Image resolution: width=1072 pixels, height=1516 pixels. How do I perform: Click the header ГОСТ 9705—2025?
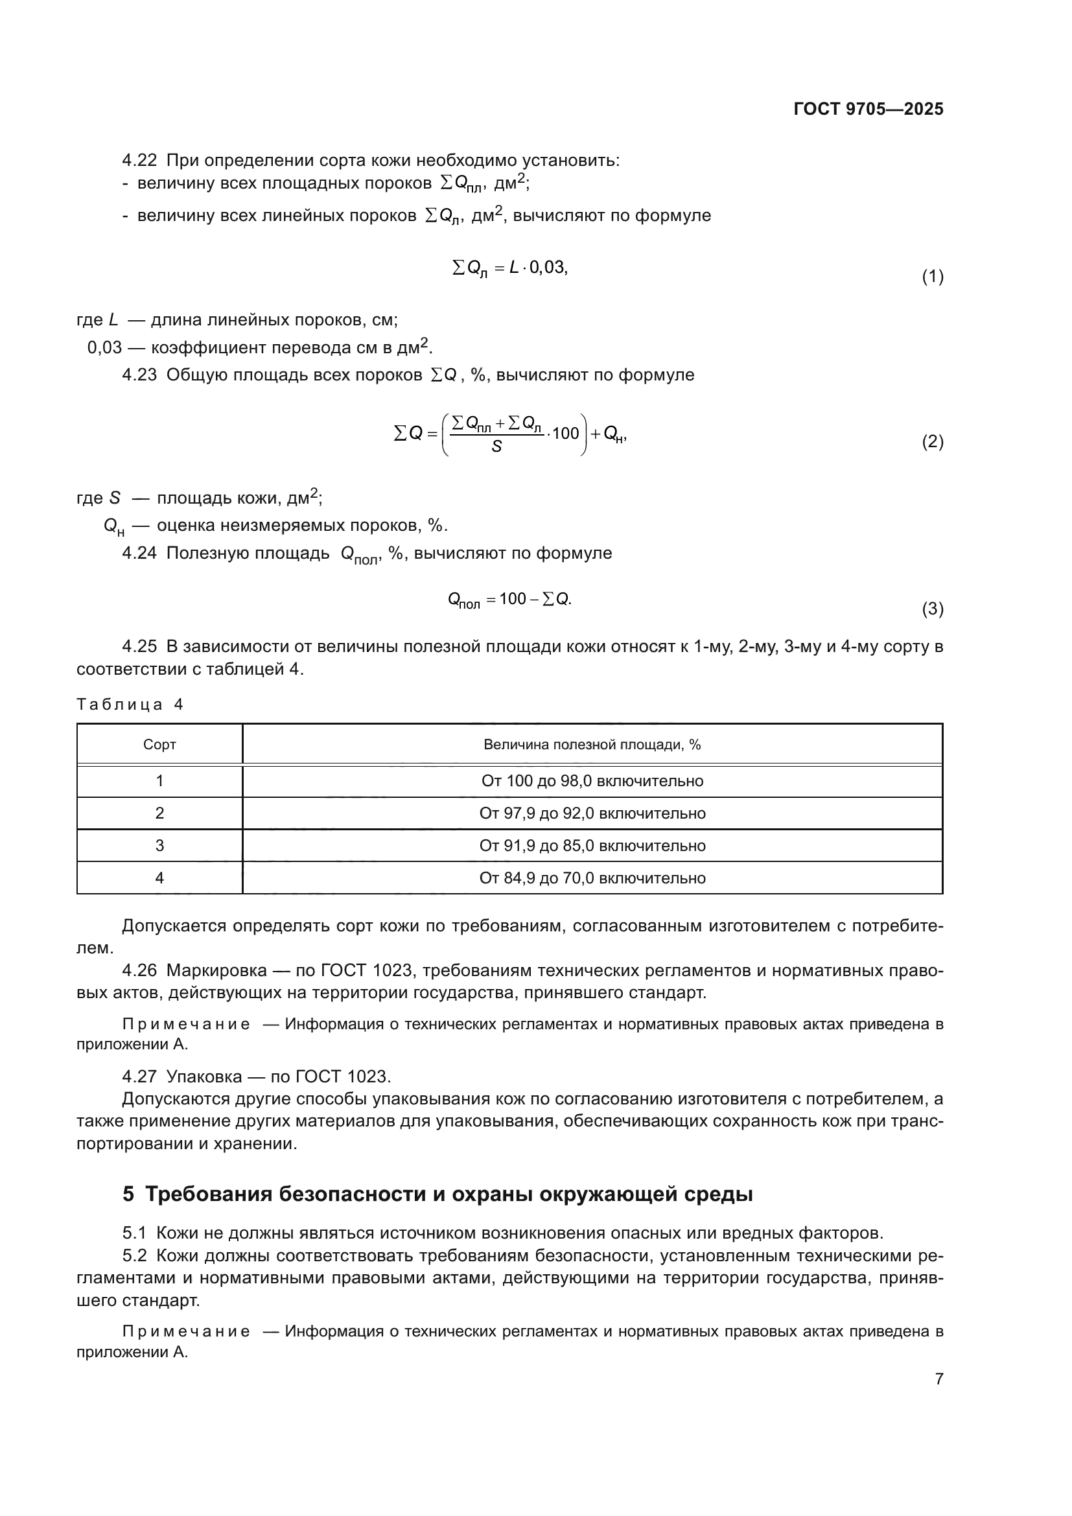(868, 110)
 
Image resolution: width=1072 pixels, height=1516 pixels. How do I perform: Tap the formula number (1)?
(932, 277)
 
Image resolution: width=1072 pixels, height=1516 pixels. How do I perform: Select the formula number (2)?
(932, 442)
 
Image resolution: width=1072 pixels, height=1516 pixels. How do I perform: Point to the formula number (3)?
(932, 609)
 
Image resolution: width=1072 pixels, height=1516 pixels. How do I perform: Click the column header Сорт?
(159, 745)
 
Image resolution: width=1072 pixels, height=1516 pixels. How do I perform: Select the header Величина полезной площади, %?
(592, 745)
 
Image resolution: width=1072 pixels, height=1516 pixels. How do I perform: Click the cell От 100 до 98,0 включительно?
(592, 781)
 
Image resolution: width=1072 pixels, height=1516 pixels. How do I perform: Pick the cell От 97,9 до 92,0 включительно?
(592, 813)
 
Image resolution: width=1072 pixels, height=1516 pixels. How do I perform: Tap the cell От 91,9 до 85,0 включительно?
(592, 846)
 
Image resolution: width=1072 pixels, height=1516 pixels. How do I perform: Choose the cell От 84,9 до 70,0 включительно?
(592, 878)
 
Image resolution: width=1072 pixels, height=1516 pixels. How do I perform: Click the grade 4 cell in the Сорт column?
(159, 878)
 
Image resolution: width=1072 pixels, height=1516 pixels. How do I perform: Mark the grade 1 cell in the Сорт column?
(159, 781)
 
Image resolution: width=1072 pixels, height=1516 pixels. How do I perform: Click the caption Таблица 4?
(130, 705)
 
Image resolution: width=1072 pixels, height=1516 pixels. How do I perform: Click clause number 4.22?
(139, 161)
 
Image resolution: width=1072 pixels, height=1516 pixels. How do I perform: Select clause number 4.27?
(139, 1077)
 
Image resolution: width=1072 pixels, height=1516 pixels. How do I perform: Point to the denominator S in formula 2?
(496, 447)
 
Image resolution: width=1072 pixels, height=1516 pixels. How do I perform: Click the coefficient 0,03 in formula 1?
(547, 268)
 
